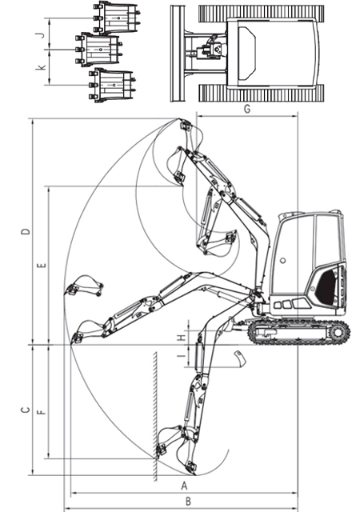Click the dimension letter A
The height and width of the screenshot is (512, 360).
184,486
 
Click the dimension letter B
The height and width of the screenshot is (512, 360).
188,502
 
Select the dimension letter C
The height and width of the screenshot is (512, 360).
25,410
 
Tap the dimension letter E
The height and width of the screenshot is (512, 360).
42,265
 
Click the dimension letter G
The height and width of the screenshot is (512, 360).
247,109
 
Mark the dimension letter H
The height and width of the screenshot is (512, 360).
182,338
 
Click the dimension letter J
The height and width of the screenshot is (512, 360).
41,34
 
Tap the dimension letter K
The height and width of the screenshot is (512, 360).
42,67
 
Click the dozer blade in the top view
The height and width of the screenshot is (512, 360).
177,54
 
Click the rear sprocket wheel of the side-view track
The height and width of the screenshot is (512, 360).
338,333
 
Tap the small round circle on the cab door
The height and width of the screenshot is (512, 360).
283,261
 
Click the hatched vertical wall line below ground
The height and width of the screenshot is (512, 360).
155,416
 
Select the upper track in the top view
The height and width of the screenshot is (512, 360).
262,14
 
